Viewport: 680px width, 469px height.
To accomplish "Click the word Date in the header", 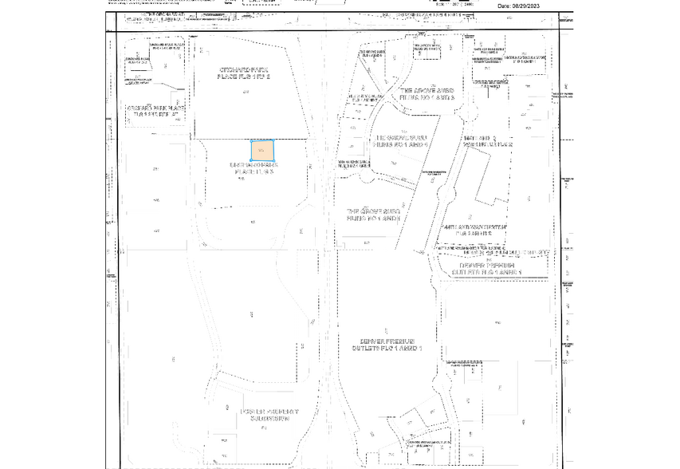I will point(504,6).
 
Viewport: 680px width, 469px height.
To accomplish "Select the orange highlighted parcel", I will point(263,150).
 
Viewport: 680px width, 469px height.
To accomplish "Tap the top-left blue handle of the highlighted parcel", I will point(252,140).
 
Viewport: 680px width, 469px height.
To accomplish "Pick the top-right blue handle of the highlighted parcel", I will point(275,140).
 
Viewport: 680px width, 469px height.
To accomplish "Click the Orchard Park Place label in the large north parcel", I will point(246,73).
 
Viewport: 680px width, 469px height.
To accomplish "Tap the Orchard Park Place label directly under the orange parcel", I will point(254,168).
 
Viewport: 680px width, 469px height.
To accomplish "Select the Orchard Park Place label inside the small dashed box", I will point(155,111).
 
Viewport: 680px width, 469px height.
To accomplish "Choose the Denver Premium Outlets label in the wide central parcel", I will point(387,345).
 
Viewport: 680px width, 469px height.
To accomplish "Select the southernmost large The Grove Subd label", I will point(373,215).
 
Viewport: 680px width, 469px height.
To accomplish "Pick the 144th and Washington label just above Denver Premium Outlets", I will point(476,229).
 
